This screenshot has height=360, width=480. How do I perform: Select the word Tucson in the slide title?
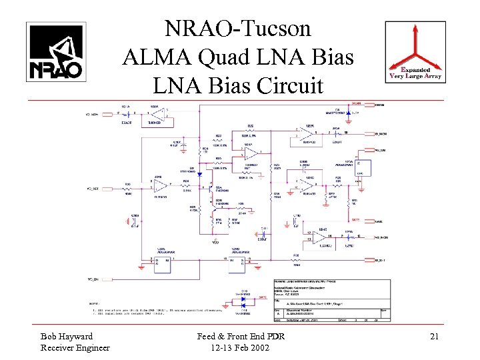274,29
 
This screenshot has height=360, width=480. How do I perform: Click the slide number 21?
434,337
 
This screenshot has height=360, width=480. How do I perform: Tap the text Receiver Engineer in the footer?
75,347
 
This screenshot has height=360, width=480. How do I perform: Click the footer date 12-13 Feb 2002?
239,347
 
